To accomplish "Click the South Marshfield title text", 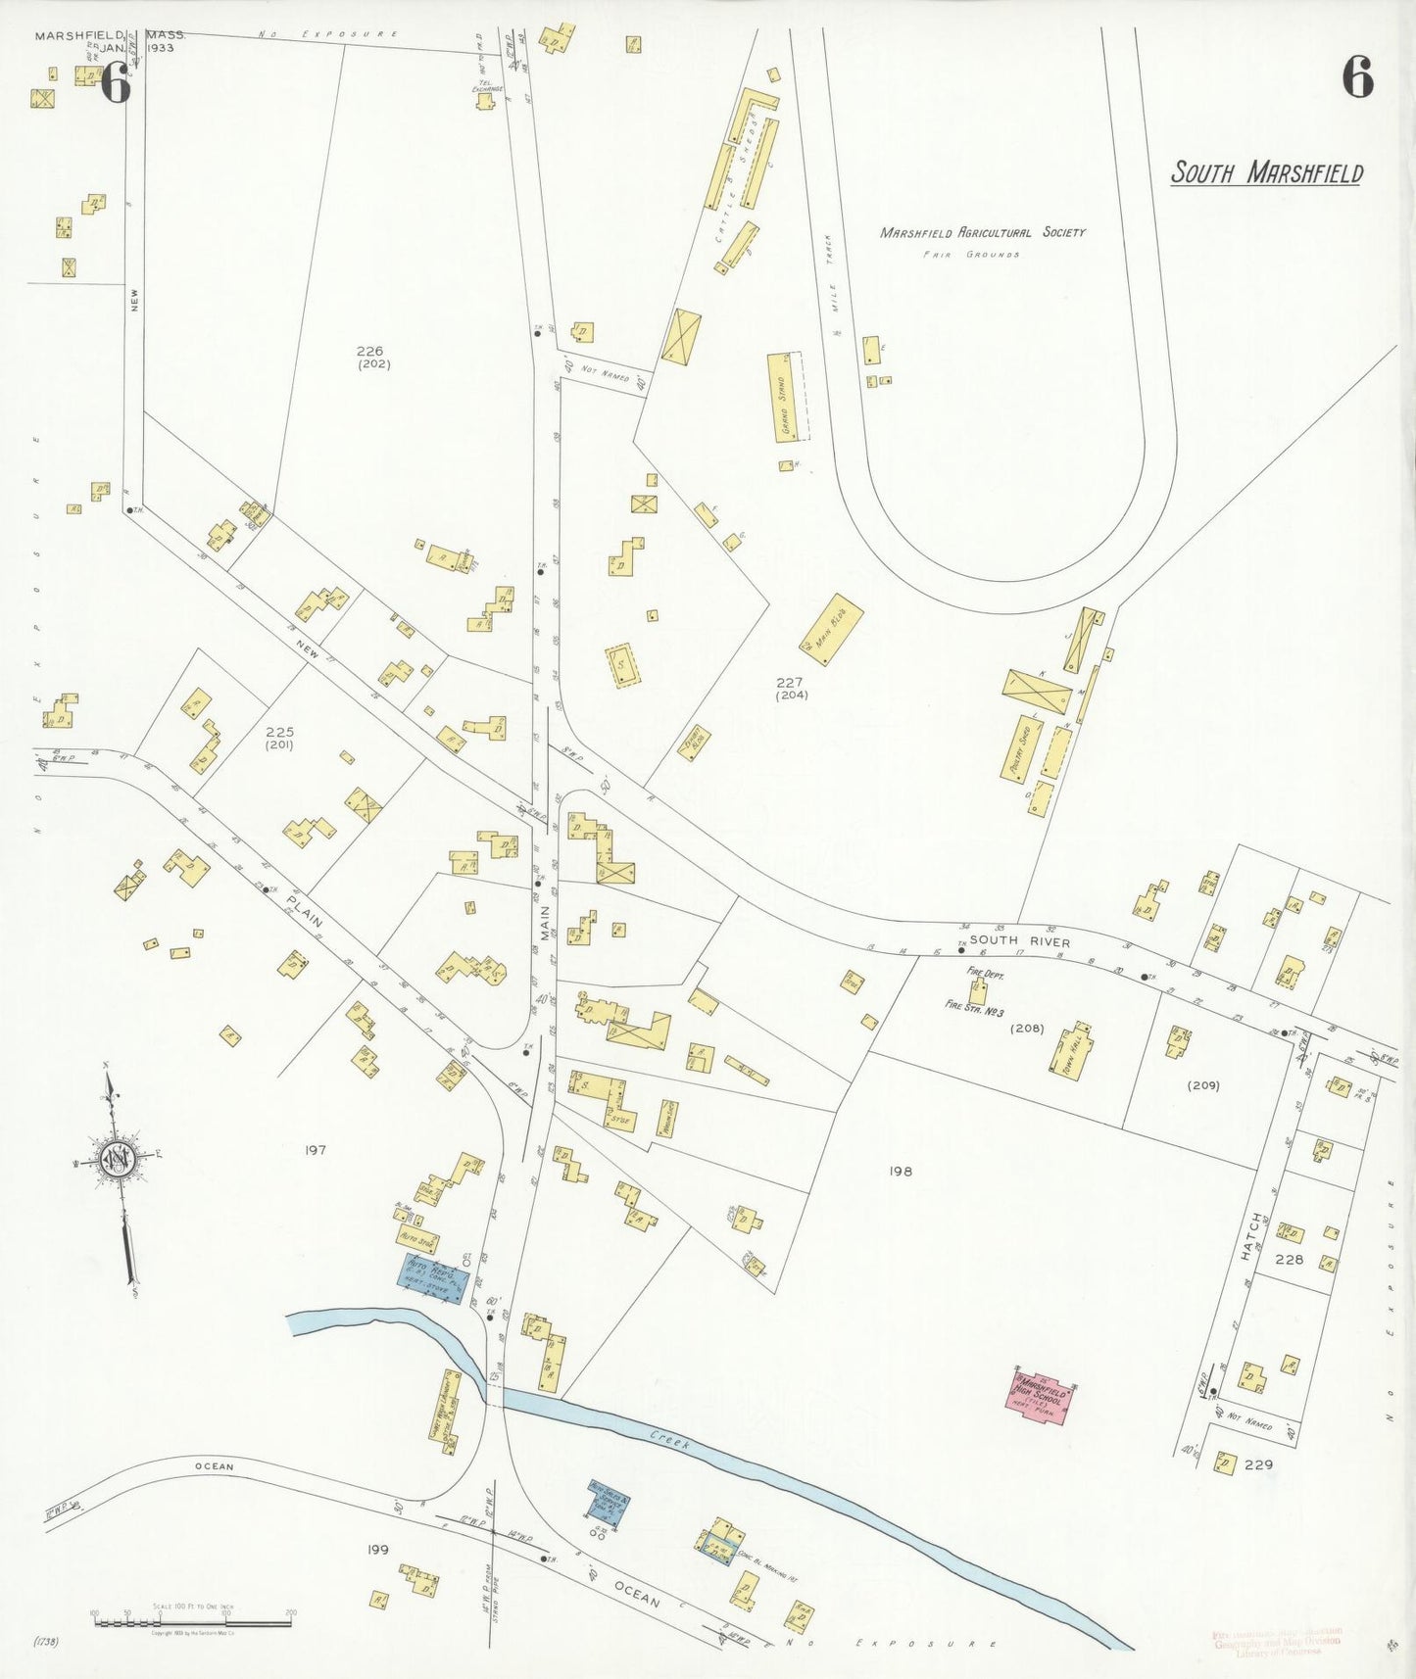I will click(x=1266, y=173).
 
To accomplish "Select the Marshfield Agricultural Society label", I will click(x=982, y=232).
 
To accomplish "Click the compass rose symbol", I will click(x=117, y=1161).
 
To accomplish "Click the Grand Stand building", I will click(x=785, y=398).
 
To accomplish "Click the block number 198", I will click(x=901, y=1171).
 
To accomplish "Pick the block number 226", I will click(x=370, y=351).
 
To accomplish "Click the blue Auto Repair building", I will click(x=432, y=1277).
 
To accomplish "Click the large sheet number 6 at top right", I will click(x=1357, y=77).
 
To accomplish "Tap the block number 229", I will click(x=1258, y=1464).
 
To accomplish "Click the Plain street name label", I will click(x=305, y=911).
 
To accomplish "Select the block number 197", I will click(x=315, y=1150).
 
